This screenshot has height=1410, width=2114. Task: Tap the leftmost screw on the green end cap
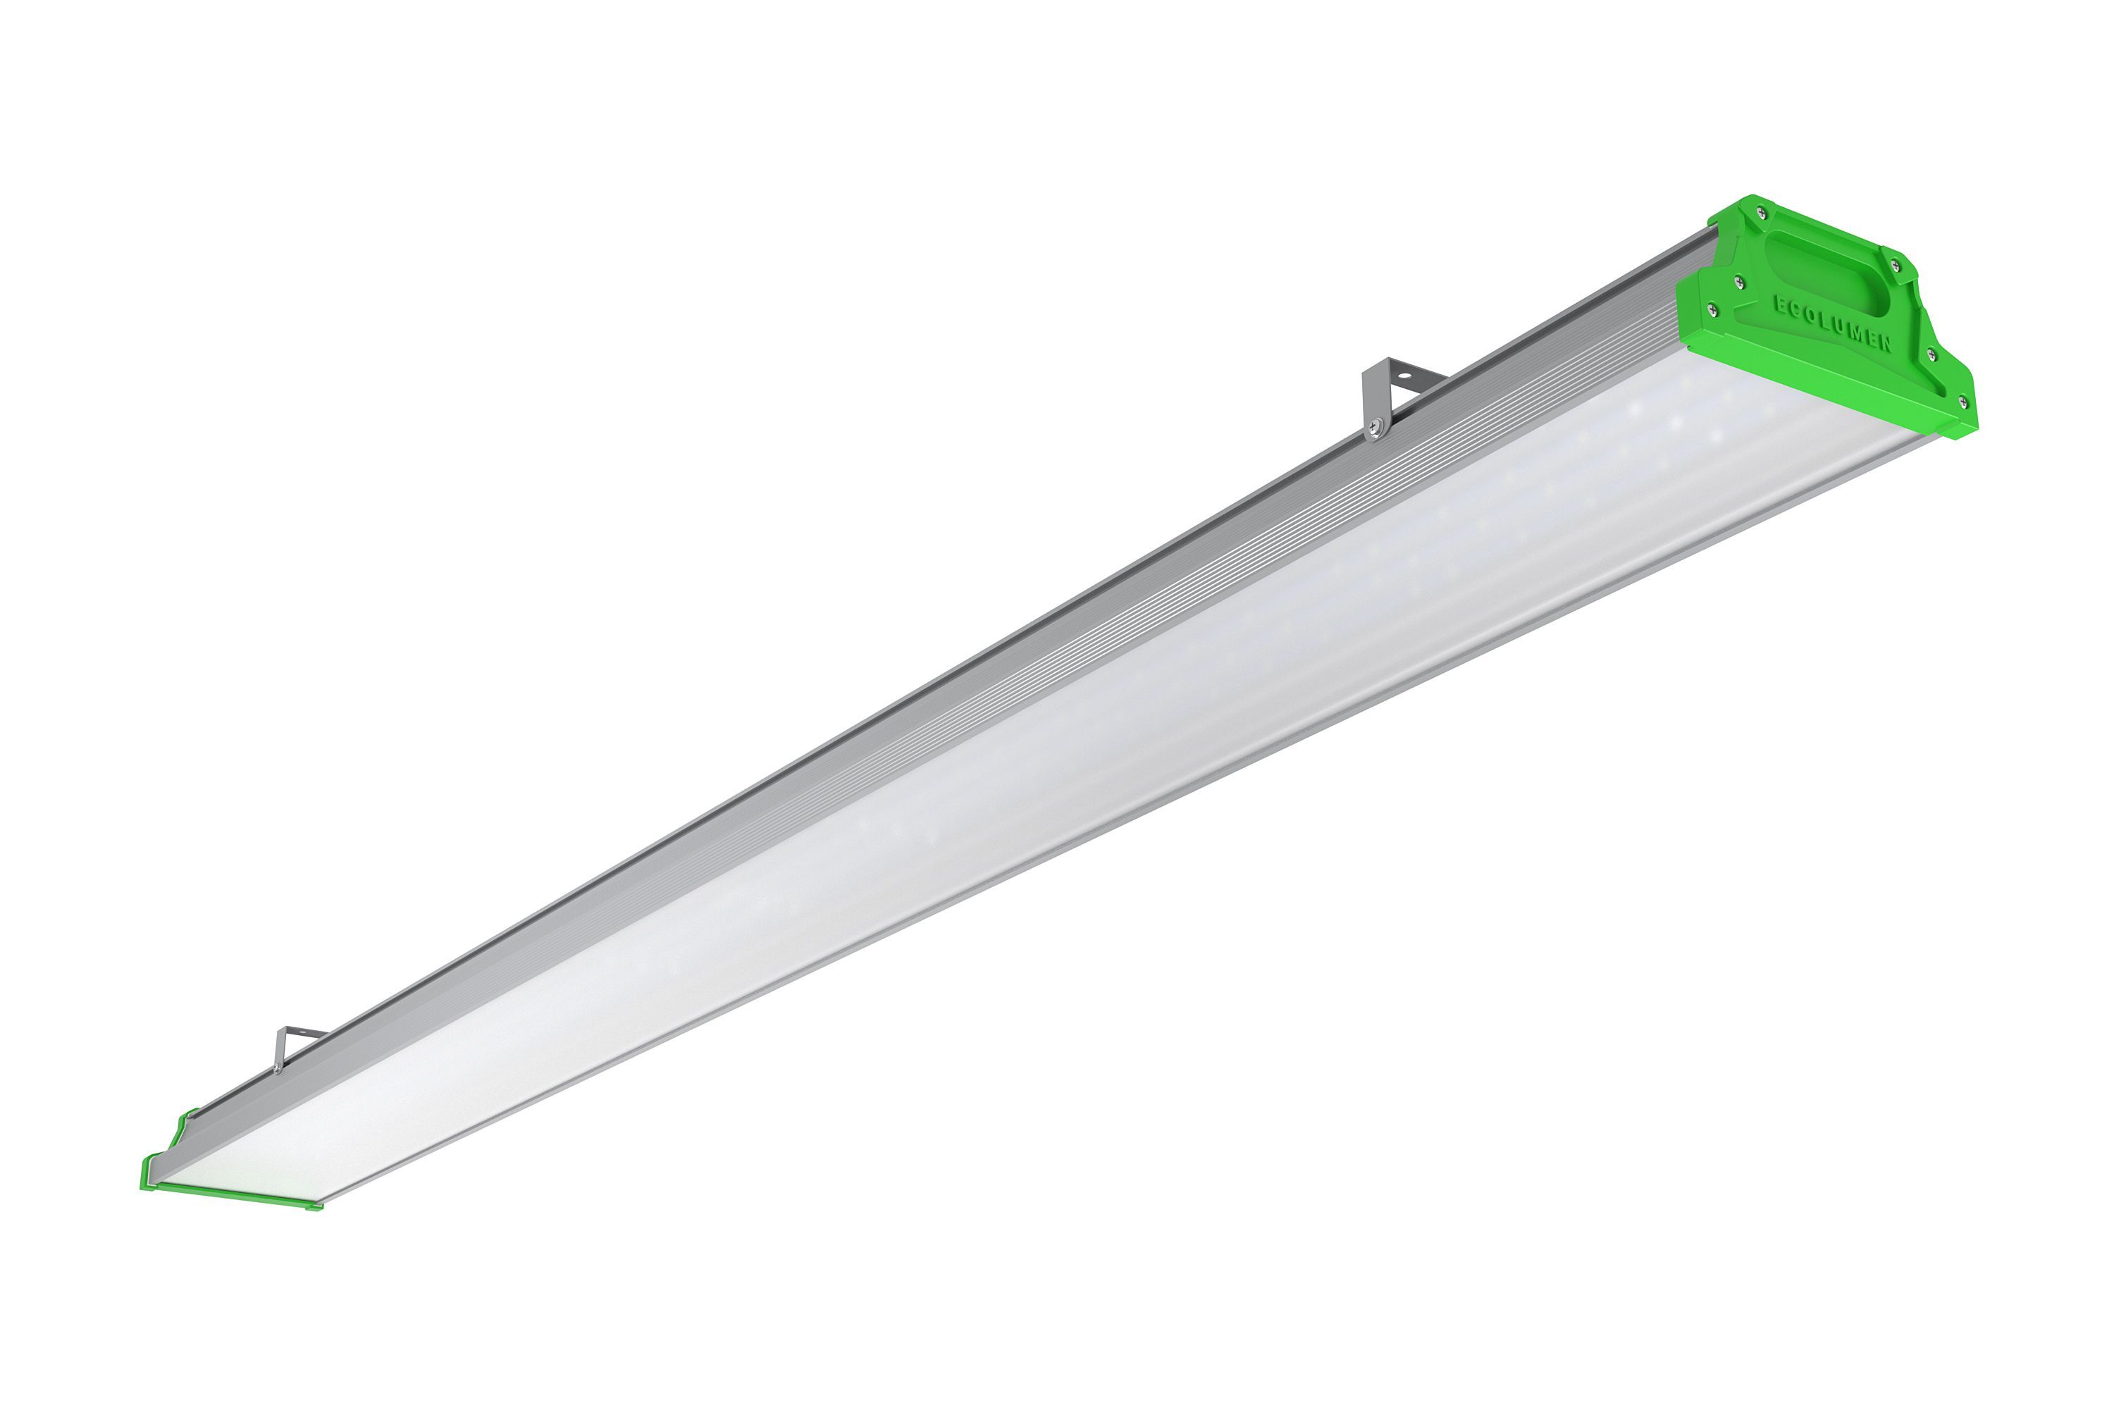(1712, 310)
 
